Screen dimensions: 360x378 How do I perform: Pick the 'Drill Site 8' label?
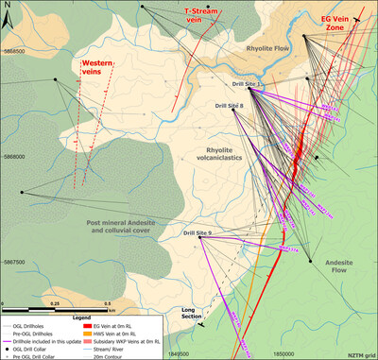[229, 105]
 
